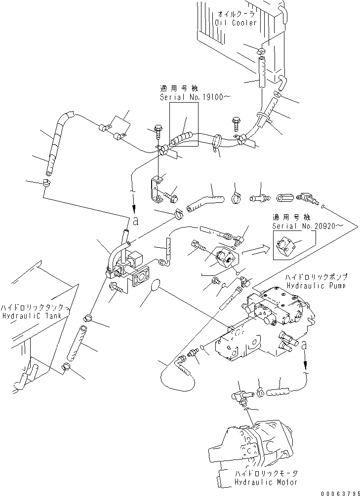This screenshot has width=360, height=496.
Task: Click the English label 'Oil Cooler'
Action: pos(236,23)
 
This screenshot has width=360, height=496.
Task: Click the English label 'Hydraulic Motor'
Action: pos(259,481)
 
